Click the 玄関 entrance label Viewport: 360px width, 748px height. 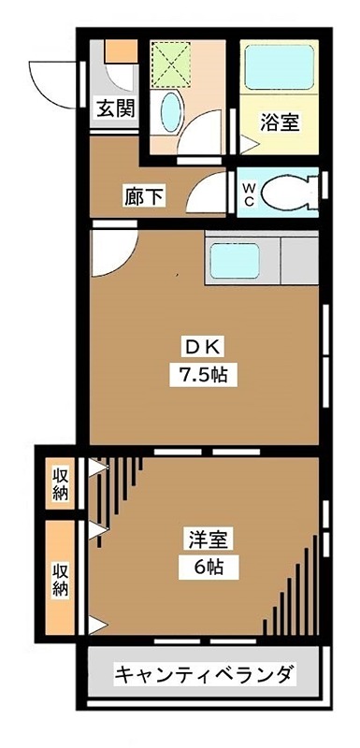[114, 108]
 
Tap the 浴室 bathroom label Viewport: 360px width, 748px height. [280, 122]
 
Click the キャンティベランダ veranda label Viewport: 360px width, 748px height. [205, 673]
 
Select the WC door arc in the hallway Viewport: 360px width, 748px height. [207, 192]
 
